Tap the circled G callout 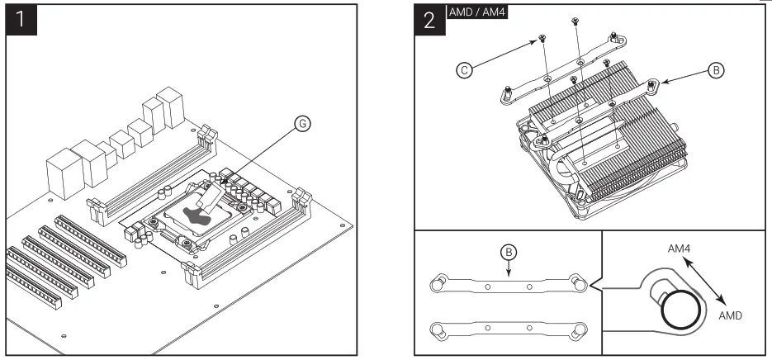303,124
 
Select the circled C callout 466,71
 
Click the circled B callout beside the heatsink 717,71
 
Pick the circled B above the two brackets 509,251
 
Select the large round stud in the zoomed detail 683,312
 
